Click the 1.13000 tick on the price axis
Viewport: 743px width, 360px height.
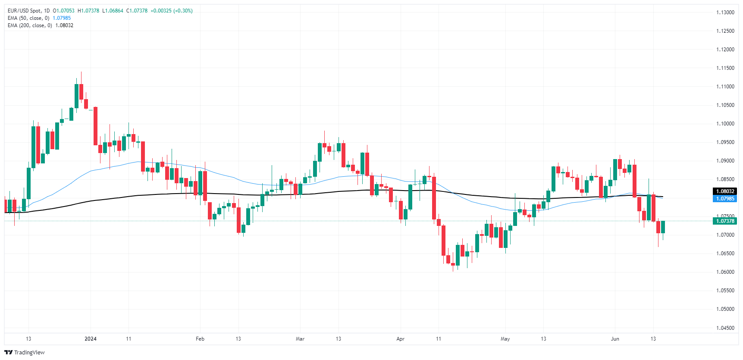click(725, 13)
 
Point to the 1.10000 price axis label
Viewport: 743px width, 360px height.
click(725, 124)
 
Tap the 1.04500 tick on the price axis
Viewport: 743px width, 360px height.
click(725, 328)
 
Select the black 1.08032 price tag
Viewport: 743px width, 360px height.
click(725, 191)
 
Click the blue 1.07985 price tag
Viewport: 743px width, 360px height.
click(725, 199)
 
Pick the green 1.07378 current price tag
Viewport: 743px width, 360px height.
click(725, 221)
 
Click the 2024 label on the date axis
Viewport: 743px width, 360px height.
click(91, 339)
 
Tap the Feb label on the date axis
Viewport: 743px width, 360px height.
click(200, 339)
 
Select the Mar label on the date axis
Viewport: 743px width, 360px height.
click(300, 339)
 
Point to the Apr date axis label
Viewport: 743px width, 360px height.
click(401, 339)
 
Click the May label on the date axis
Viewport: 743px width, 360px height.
click(505, 339)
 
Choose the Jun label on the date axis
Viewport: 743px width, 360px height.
click(615, 339)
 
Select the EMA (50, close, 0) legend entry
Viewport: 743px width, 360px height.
click(28, 18)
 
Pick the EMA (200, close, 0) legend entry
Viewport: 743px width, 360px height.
click(30, 25)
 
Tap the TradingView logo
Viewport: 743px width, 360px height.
click(25, 352)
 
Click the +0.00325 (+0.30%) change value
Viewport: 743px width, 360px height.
click(171, 11)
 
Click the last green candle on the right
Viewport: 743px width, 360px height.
click(663, 227)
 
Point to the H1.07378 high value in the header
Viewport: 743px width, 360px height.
click(88, 11)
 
